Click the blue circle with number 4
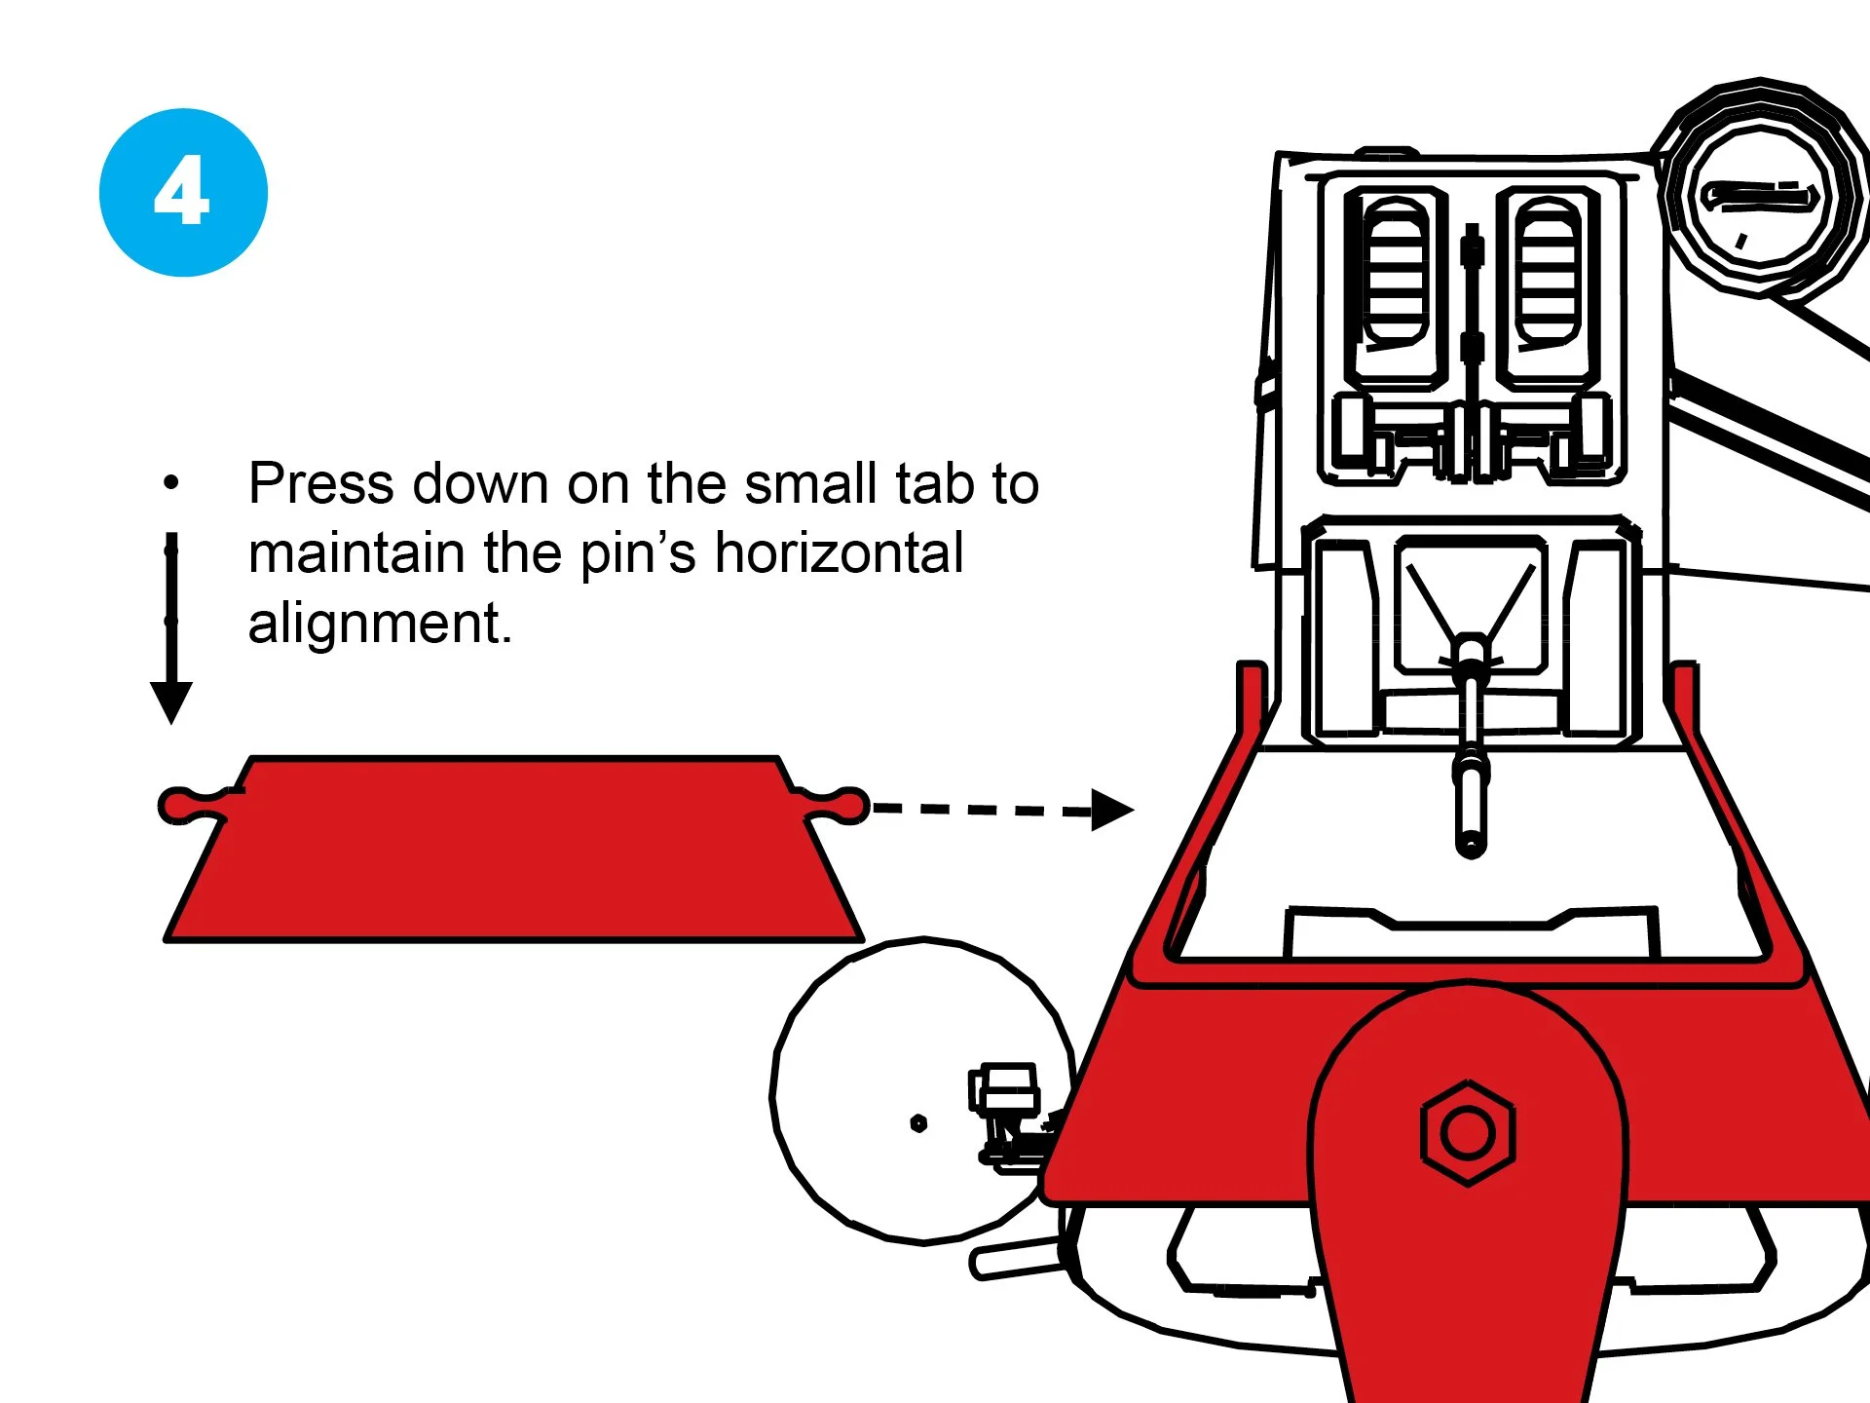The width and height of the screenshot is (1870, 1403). pos(183,192)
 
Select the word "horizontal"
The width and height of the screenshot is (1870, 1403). pos(840,552)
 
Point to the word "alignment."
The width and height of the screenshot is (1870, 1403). pos(380,623)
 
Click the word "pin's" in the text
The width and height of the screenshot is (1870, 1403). pos(638,554)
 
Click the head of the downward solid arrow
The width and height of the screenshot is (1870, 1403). pos(171,701)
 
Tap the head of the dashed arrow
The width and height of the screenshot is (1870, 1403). pos(1110,810)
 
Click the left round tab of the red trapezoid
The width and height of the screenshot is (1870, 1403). pos(178,806)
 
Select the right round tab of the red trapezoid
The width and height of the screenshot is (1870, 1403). pos(850,805)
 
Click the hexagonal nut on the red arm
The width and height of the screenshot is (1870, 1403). pos(1467,1133)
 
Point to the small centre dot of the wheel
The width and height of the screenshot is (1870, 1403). pos(917,1123)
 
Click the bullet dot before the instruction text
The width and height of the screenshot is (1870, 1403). pos(171,482)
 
